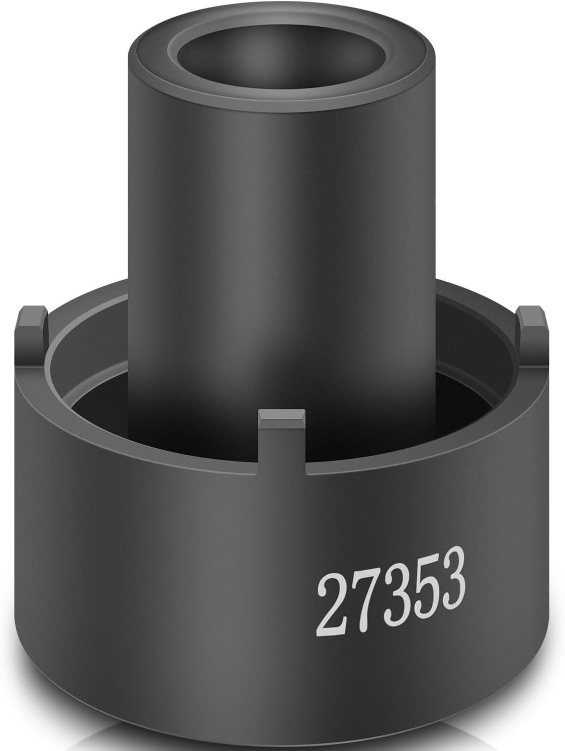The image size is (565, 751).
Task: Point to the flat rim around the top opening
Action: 281,99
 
